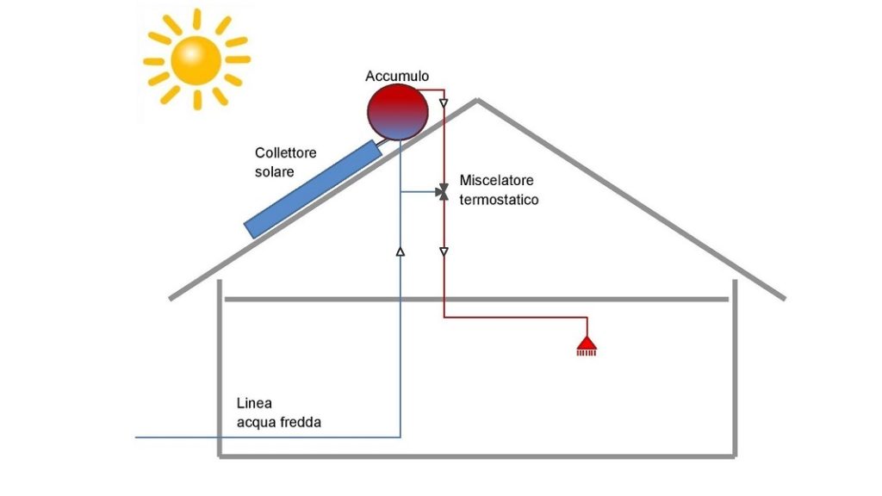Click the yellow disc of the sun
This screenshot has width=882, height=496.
197,59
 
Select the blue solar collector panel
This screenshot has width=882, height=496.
314,189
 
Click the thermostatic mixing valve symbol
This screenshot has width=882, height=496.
443,192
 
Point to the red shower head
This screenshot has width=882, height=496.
587,346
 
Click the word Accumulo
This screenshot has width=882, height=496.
396,77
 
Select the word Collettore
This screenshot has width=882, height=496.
286,153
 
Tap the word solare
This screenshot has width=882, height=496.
274,172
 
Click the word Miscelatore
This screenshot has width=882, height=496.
497,181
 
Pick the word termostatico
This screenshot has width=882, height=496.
500,200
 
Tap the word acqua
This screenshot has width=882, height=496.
255,423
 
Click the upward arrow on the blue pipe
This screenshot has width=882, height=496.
401,251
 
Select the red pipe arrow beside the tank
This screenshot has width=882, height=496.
444,105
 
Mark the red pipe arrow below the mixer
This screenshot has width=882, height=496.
444,252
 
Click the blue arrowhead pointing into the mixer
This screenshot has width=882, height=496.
434,192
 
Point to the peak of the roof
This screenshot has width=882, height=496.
477,100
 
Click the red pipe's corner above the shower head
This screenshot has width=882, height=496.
587,318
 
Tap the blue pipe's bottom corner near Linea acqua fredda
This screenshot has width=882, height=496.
401,437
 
